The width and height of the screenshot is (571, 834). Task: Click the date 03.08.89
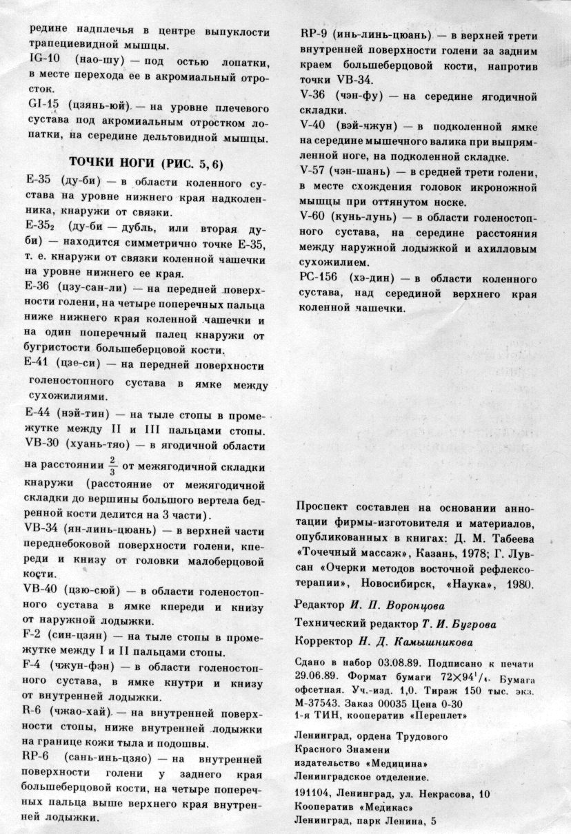click(379, 665)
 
